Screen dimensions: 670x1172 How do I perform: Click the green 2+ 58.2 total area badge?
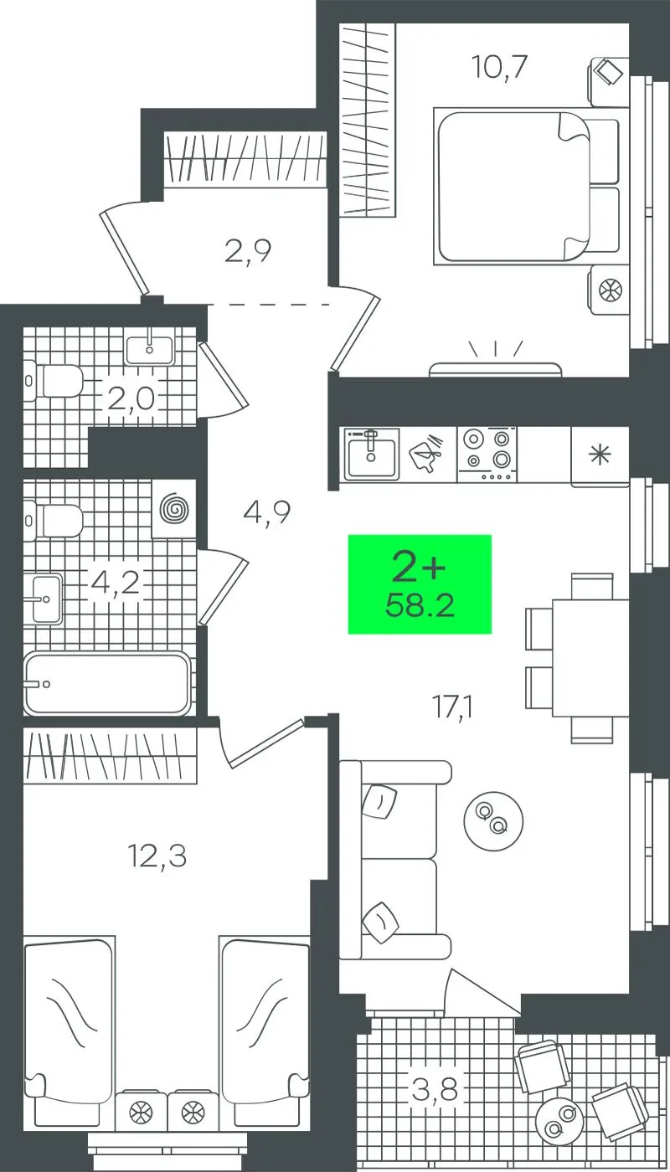click(x=420, y=584)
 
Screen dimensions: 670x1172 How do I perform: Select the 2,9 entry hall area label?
click(x=248, y=251)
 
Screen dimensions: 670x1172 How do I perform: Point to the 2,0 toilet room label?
click(x=131, y=400)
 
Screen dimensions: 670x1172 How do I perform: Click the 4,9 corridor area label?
click(x=267, y=512)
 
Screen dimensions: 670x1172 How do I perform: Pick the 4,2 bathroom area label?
click(x=115, y=583)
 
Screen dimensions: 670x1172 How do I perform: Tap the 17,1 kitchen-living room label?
click(x=453, y=708)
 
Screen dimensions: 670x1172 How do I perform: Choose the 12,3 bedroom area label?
click(x=157, y=857)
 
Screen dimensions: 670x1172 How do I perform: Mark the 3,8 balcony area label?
click(x=435, y=1090)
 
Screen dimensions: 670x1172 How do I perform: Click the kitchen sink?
click(x=372, y=454)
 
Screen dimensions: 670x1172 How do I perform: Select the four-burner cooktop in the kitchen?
click(x=487, y=454)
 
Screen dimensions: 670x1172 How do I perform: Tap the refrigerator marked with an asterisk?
click(x=600, y=456)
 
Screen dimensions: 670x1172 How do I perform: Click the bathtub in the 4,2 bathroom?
click(x=107, y=683)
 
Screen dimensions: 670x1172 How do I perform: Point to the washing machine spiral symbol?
click(x=175, y=509)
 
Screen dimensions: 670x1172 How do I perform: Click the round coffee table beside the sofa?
click(x=493, y=820)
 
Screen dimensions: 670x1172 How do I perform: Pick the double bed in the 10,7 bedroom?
click(x=526, y=186)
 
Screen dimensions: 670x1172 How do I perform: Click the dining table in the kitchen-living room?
click(x=590, y=658)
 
